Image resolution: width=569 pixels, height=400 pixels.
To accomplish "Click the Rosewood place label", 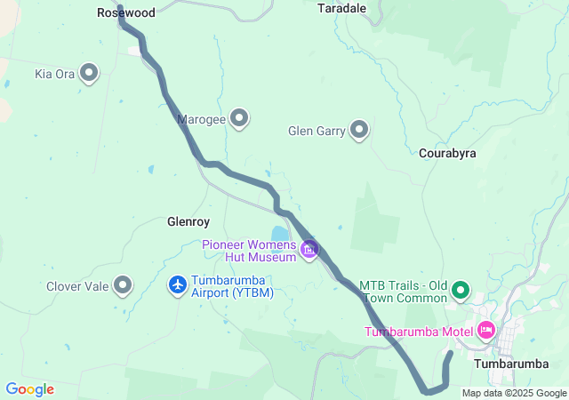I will pyautogui.click(x=125, y=13).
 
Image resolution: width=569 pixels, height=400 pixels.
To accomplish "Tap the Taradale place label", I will pyautogui.click(x=341, y=7).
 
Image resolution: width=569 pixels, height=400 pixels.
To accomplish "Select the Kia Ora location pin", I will pyautogui.click(x=89, y=74).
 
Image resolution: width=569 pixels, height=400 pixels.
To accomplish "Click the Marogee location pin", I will pyautogui.click(x=238, y=117).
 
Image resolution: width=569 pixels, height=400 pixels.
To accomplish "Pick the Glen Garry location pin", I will pyautogui.click(x=359, y=131).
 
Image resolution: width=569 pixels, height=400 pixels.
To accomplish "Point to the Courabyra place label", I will pyautogui.click(x=447, y=153).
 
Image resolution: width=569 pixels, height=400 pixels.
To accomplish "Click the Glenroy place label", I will pyautogui.click(x=188, y=222).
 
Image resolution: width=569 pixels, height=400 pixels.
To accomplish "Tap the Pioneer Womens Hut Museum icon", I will pyautogui.click(x=309, y=250).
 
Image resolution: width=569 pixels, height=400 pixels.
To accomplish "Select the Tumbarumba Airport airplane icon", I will pyautogui.click(x=178, y=285).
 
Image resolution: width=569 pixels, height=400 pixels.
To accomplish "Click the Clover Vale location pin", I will pyautogui.click(x=124, y=285).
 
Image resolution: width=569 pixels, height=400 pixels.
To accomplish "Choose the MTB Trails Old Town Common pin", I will pyautogui.click(x=461, y=290).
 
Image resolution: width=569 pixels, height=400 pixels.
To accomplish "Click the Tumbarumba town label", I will pyautogui.click(x=511, y=364).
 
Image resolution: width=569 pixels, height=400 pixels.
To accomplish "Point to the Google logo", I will pyautogui.click(x=29, y=389).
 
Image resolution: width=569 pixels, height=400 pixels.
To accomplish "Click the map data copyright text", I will pyautogui.click(x=514, y=394).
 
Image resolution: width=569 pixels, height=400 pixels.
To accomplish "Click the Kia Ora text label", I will pyautogui.click(x=54, y=74).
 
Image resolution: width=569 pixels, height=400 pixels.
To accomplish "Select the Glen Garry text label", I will pyautogui.click(x=316, y=131).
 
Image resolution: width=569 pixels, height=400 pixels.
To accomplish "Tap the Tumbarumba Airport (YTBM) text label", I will pyautogui.click(x=232, y=285).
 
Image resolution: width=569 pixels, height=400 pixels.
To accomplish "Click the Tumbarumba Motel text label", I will pyautogui.click(x=419, y=332).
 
